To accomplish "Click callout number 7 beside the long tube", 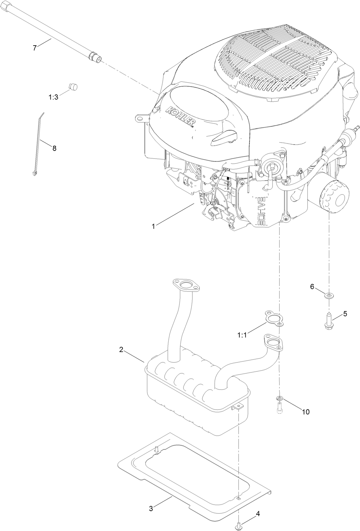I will (x=35, y=48).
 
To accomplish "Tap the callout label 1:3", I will (x=53, y=97).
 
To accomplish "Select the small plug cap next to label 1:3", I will (x=74, y=87).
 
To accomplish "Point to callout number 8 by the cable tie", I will (x=54, y=148).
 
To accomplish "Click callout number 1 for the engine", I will (x=154, y=226).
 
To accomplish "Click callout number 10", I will (x=306, y=412).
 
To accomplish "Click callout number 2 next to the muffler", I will (x=121, y=350).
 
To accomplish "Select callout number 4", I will (x=258, y=513).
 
